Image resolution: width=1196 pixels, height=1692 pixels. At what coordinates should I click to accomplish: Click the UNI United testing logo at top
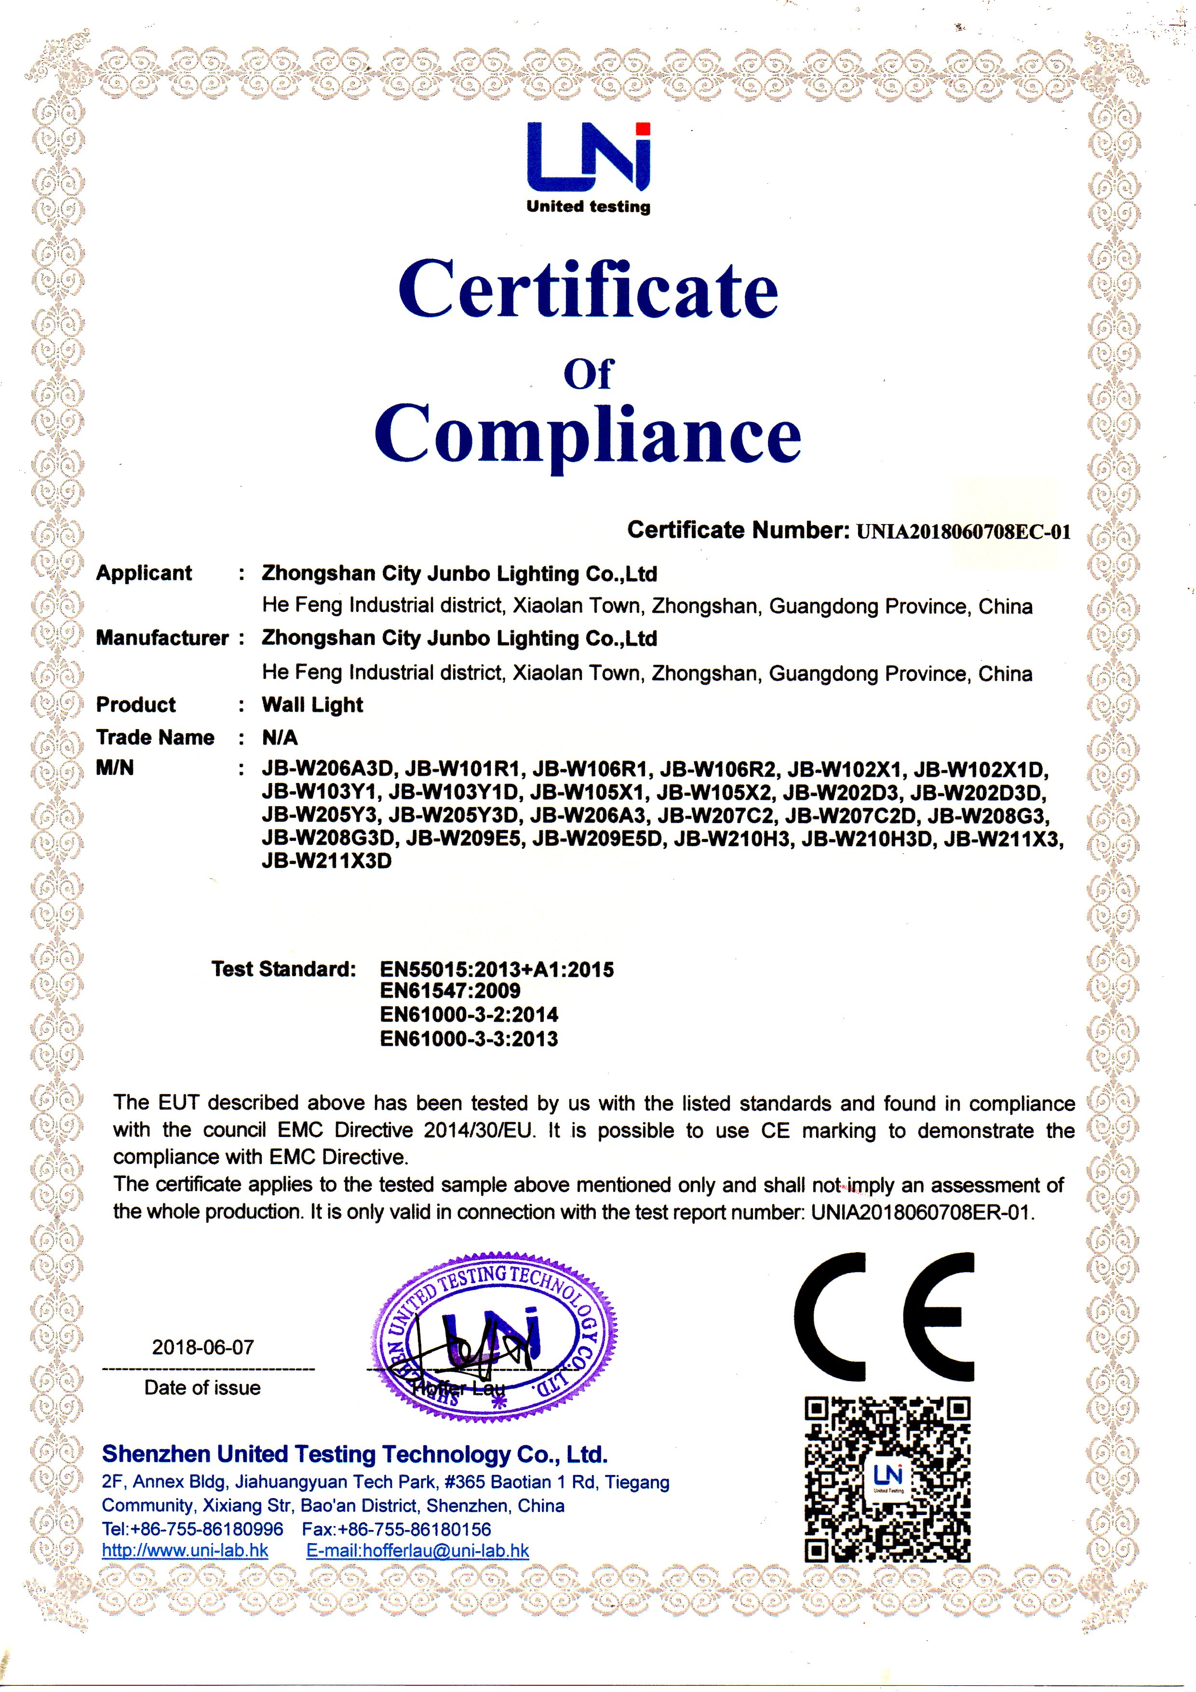coord(588,167)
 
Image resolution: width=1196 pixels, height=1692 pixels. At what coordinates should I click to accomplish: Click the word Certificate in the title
coord(588,290)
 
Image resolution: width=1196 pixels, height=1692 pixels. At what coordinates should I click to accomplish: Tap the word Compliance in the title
coord(588,433)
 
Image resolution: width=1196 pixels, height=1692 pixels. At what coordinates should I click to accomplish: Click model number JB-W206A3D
coord(329,770)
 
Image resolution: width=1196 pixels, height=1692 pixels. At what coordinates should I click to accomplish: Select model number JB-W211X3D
coord(326,861)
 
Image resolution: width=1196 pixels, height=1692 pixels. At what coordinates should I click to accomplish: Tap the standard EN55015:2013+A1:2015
coord(497,969)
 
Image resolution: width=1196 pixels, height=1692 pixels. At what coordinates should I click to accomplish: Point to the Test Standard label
coord(284,969)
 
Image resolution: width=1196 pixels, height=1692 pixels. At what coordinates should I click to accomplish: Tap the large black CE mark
coord(884,1317)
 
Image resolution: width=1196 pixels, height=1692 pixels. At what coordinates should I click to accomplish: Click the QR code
coord(887,1480)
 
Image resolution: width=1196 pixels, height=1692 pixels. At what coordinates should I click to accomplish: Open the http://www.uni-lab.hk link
coord(185,1549)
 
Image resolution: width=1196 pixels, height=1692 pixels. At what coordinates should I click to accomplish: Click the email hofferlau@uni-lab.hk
coord(418,1549)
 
